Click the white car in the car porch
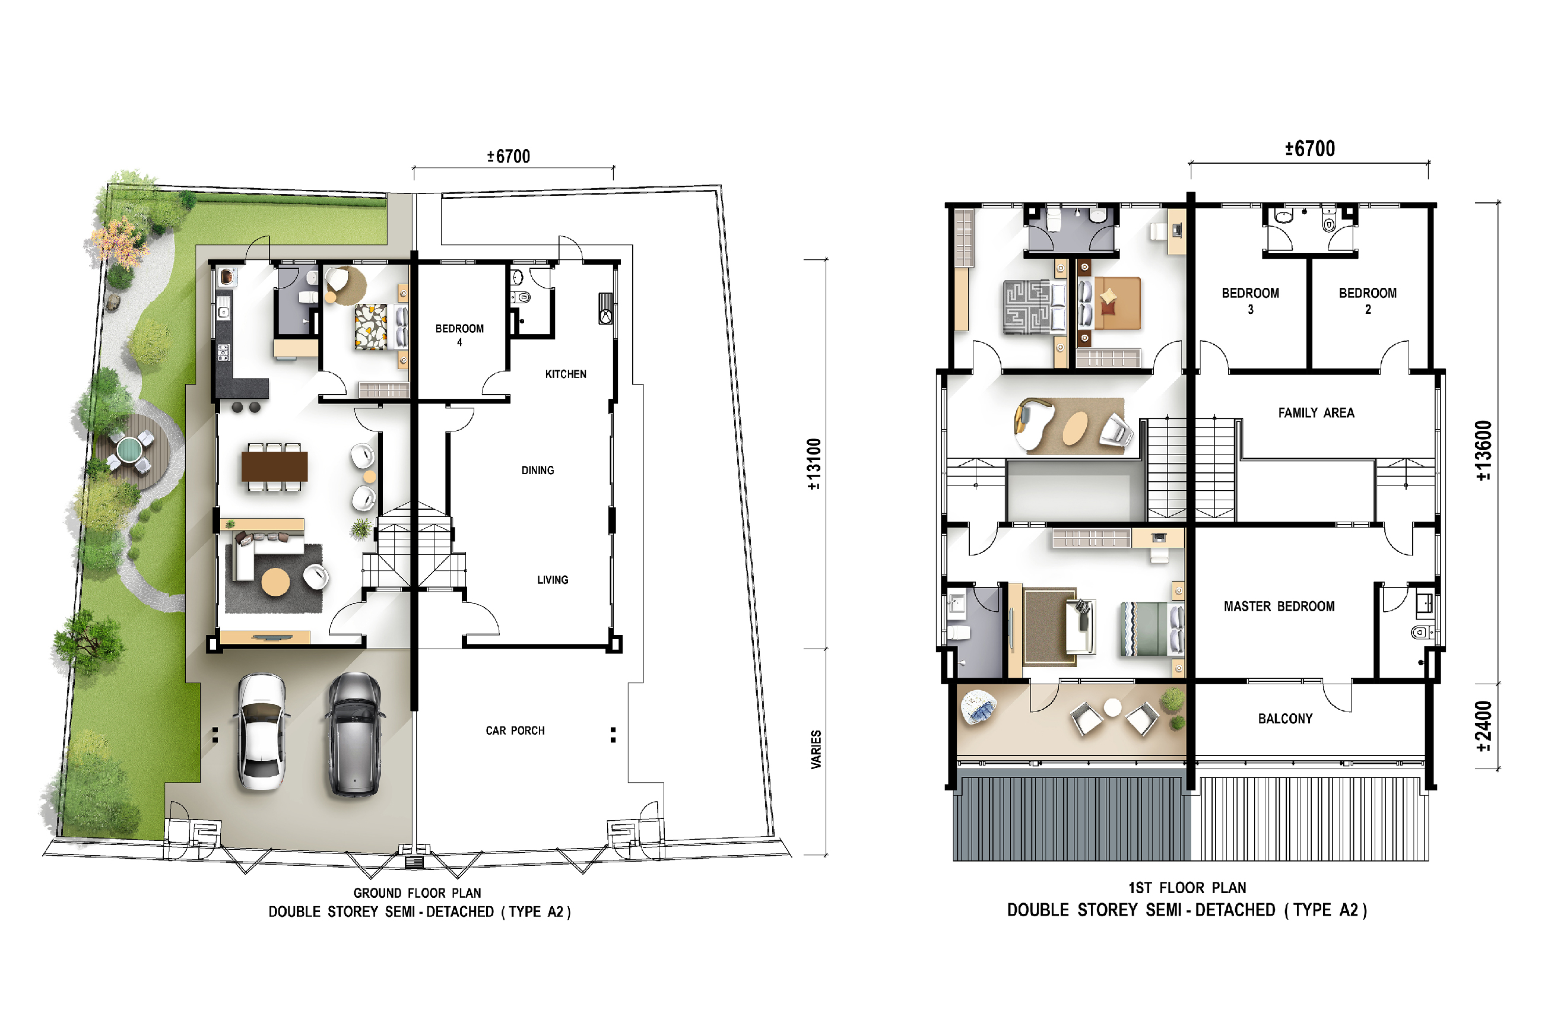click(261, 731)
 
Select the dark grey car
click(355, 735)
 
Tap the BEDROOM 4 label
click(459, 335)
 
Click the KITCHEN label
click(565, 374)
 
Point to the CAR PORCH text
click(515, 731)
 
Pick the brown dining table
click(274, 466)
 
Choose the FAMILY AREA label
click(1317, 412)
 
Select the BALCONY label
click(1286, 719)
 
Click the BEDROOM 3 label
click(1251, 301)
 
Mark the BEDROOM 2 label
click(1368, 301)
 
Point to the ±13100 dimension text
click(814, 464)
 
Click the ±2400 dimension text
click(1483, 726)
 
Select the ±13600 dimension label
click(1483, 451)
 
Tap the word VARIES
click(816, 750)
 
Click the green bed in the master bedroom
click(1151, 629)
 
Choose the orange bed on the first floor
click(1111, 303)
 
